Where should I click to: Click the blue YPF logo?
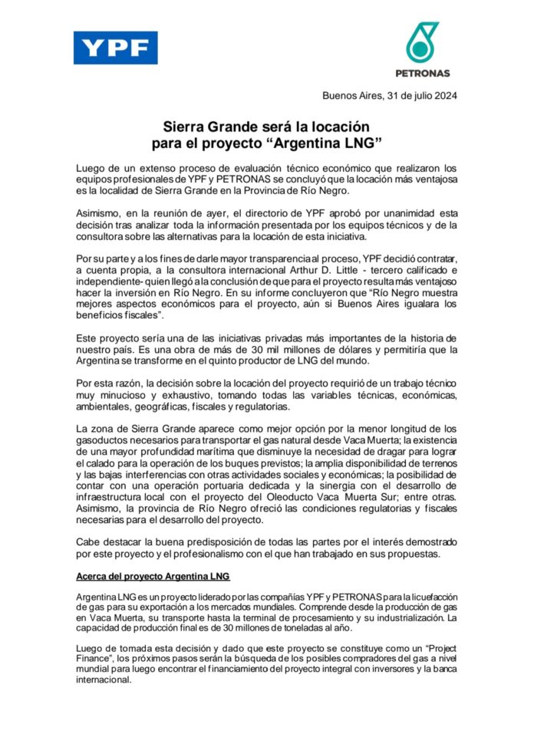115,48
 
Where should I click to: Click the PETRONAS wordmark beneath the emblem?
422,74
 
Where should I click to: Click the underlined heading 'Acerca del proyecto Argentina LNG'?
154,576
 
